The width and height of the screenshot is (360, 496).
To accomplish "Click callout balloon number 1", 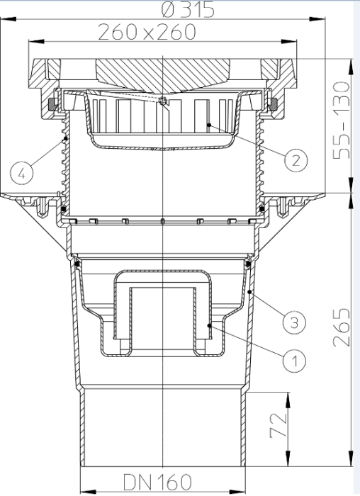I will pyautogui.click(x=291, y=361).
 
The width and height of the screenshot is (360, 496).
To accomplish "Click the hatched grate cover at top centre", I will pyautogui.click(x=164, y=74).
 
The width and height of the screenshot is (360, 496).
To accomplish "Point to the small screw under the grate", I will pyautogui.click(x=164, y=101).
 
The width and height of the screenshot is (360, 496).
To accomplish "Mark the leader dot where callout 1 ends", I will pyautogui.click(x=209, y=324).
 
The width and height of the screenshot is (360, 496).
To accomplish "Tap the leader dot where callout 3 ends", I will pyautogui.click(x=250, y=290).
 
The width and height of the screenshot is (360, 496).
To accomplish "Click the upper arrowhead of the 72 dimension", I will pyautogui.click(x=288, y=396).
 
